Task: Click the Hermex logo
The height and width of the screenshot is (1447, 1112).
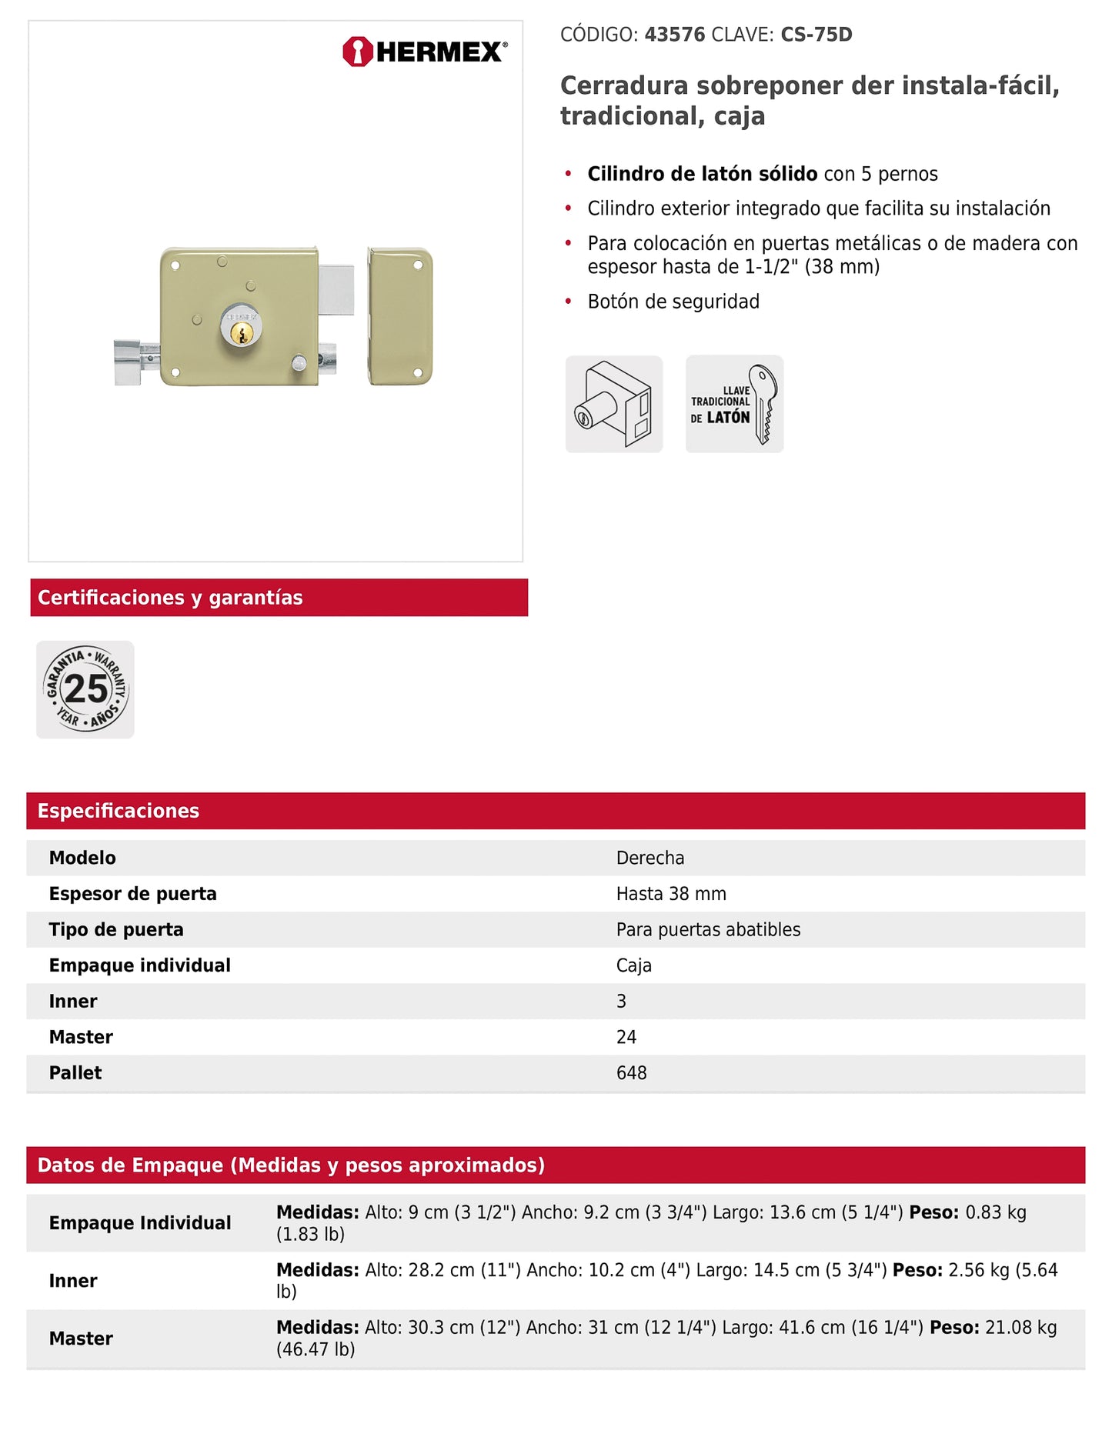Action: click(x=425, y=52)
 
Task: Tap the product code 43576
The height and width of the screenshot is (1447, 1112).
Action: click(x=674, y=35)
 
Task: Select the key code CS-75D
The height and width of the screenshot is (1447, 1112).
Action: click(x=816, y=35)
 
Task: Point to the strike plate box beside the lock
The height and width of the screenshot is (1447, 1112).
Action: click(x=399, y=316)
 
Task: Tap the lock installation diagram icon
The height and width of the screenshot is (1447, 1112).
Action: click(x=614, y=404)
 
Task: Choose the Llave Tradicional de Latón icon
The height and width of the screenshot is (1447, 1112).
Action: click(x=734, y=404)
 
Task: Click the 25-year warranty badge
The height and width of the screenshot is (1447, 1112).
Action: click(x=85, y=689)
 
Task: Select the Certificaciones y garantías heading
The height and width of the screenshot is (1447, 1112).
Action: click(x=170, y=598)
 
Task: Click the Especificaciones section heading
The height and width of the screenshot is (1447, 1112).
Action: click(x=119, y=811)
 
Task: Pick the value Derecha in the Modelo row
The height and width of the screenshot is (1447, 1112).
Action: click(x=650, y=858)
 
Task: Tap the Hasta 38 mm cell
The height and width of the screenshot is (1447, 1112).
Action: click(x=671, y=894)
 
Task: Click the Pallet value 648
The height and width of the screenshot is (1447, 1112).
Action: click(x=631, y=1073)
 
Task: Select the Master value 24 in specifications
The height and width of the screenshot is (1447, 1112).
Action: click(x=626, y=1037)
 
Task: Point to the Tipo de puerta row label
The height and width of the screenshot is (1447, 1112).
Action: click(x=116, y=929)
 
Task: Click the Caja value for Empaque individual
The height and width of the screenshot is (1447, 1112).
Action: click(x=633, y=965)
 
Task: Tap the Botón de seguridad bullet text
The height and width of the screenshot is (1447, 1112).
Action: click(x=673, y=302)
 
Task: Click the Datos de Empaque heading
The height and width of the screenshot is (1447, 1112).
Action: click(x=291, y=1165)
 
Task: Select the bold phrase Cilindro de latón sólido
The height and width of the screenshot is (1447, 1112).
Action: click(x=702, y=174)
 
